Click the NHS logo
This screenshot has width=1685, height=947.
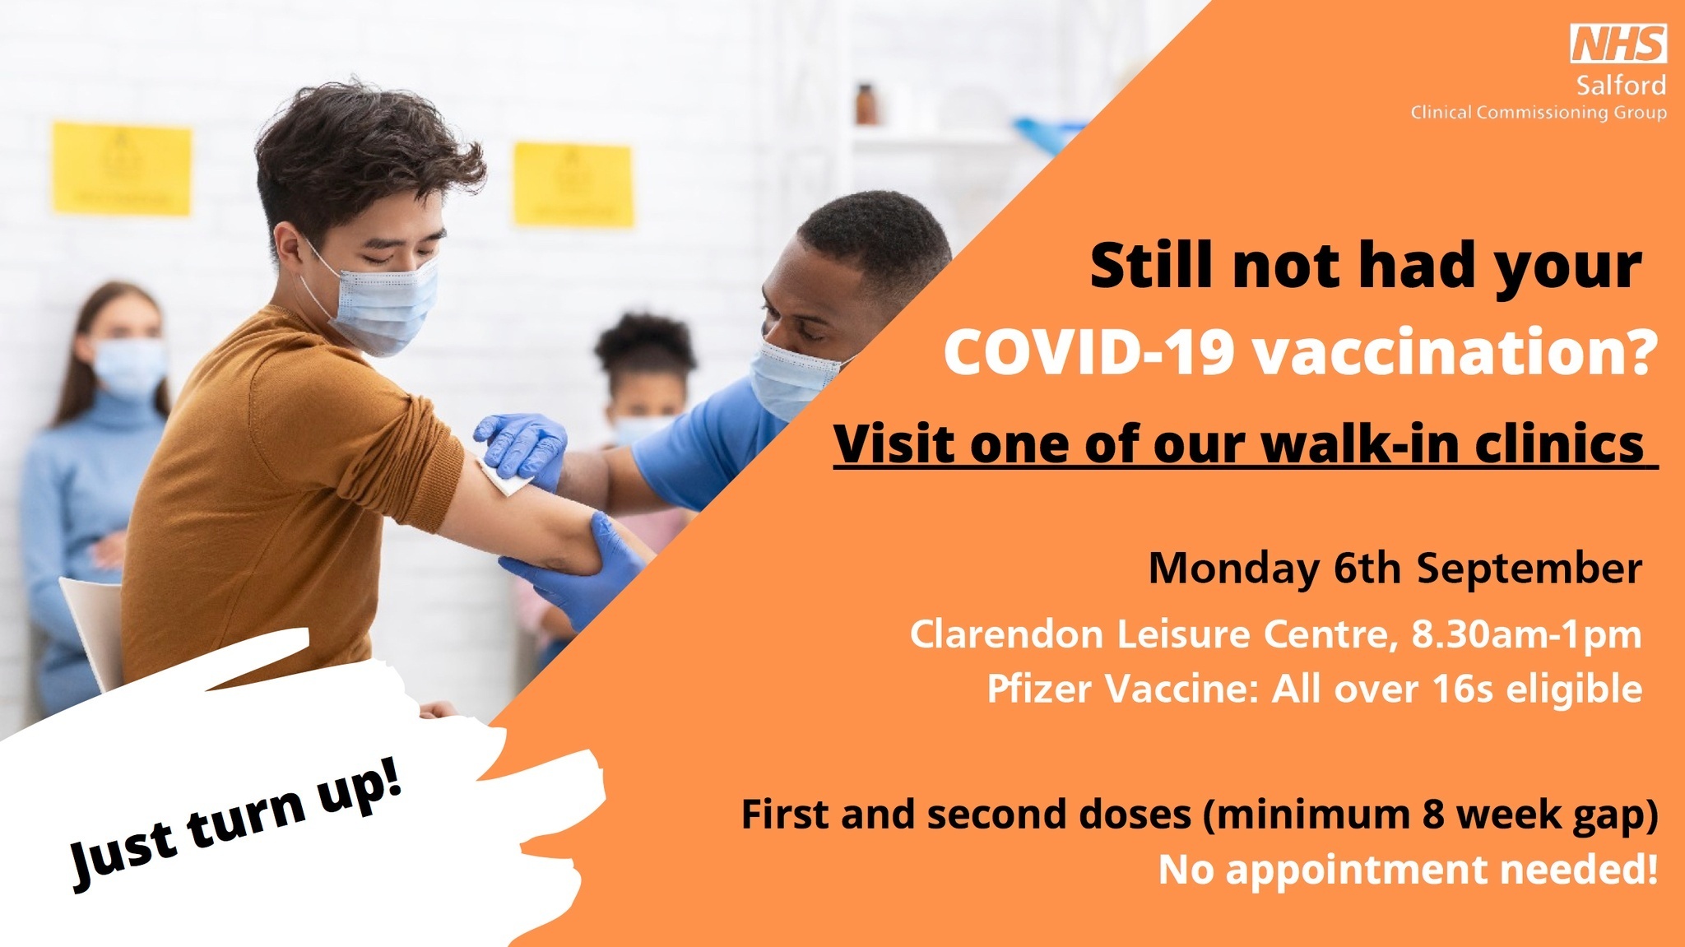pyautogui.click(x=1618, y=44)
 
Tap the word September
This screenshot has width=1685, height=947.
pyautogui.click(x=1529, y=569)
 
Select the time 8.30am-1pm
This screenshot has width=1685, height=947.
pyautogui.click(x=1527, y=634)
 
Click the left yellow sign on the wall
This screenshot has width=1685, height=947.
pyautogui.click(x=122, y=169)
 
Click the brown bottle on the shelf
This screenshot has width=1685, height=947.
pyautogui.click(x=865, y=104)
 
